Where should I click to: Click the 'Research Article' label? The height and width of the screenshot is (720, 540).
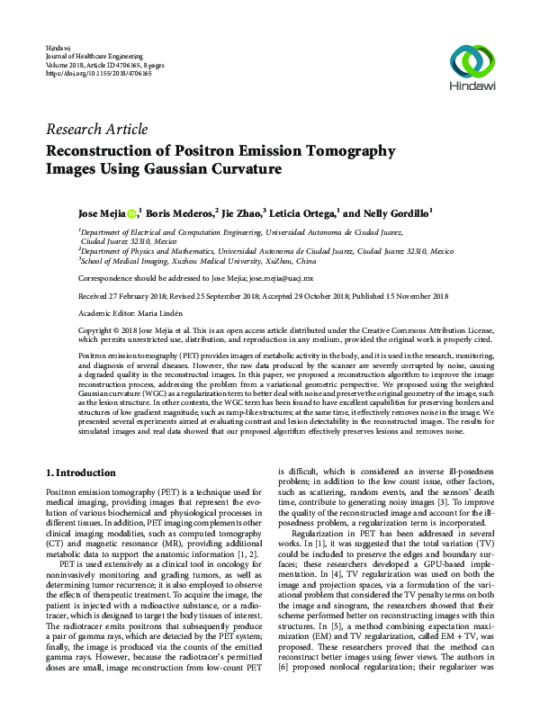pos(96,130)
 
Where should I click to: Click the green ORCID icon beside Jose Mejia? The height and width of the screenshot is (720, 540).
pos(131,213)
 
